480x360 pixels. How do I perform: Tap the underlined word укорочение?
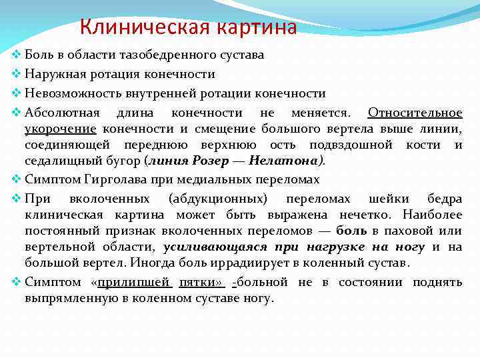point(61,129)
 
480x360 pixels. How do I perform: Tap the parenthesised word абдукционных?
point(218,198)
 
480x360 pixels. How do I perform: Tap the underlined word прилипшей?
point(135,282)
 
